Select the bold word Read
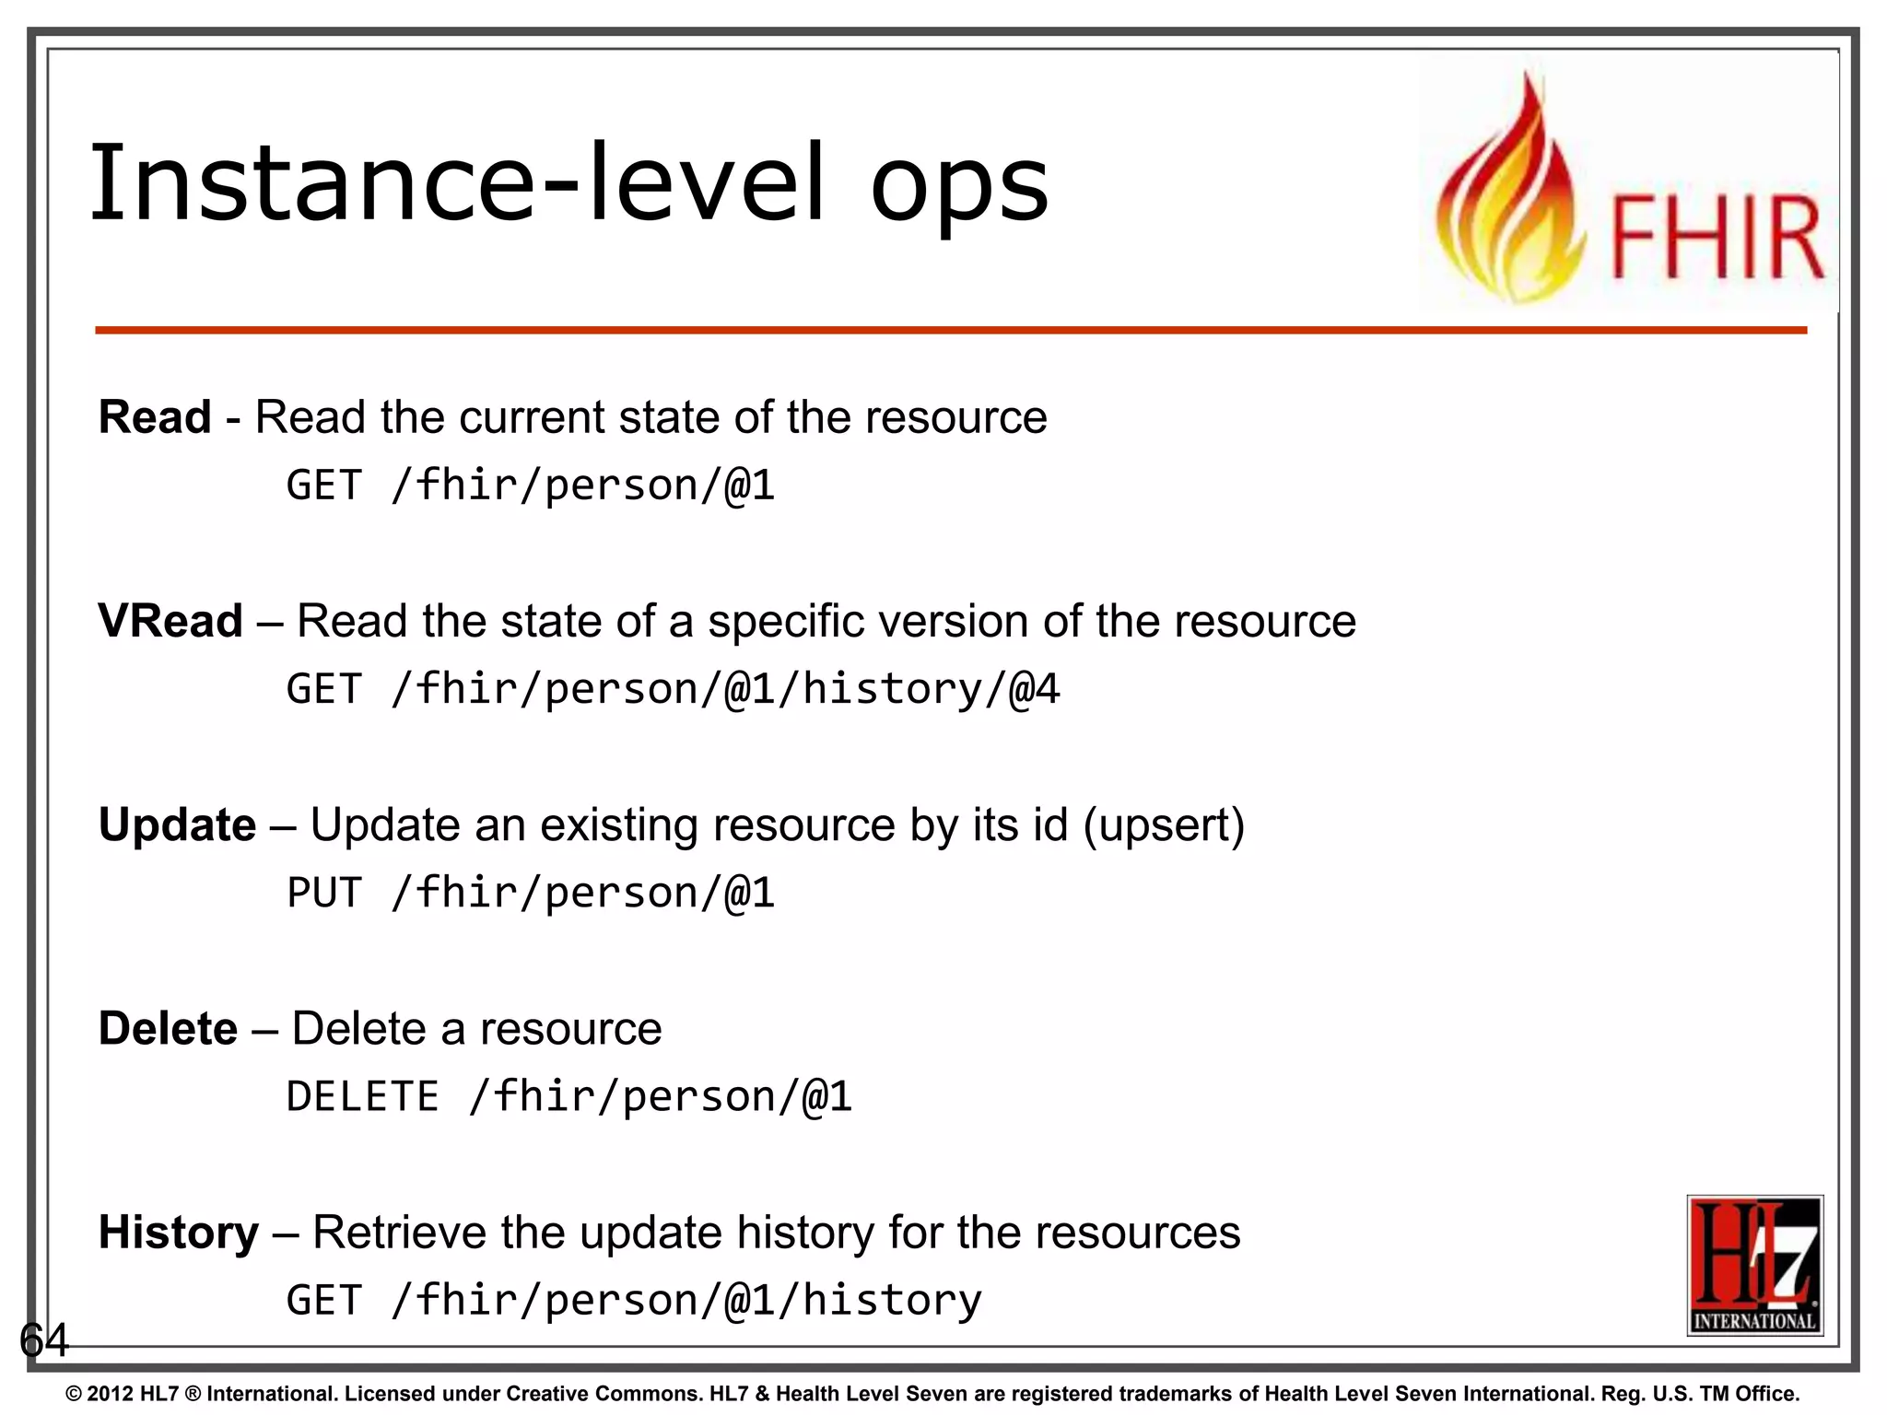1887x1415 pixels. point(155,417)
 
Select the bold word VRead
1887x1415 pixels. point(170,621)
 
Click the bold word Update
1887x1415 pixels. point(177,824)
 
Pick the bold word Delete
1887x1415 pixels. point(168,1028)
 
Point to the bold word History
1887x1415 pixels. point(179,1233)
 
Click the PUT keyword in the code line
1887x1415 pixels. point(324,893)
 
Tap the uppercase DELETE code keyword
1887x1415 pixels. point(362,1096)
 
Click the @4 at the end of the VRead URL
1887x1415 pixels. point(1035,689)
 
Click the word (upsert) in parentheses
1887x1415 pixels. point(1164,825)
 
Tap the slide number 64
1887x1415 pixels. point(43,1339)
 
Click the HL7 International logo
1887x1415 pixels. point(1754,1265)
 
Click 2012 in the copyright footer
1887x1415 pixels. point(111,1394)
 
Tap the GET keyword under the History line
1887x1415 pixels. point(324,1300)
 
